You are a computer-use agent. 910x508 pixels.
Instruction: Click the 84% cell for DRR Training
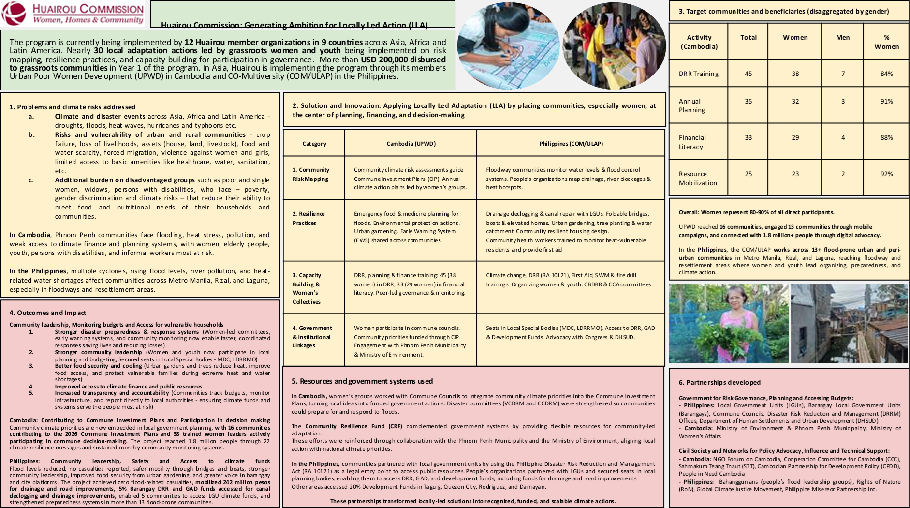(x=886, y=74)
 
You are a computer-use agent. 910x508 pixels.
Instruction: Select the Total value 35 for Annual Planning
(x=748, y=102)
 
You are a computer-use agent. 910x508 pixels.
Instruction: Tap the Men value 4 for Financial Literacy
(x=843, y=138)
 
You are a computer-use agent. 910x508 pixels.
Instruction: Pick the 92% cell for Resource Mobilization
(x=886, y=174)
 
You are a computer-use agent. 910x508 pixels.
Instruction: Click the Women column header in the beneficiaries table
(x=795, y=38)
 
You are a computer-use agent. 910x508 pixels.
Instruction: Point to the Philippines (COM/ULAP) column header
(x=571, y=144)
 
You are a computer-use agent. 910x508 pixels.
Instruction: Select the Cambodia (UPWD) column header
(x=411, y=144)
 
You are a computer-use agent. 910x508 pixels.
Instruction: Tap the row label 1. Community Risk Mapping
(x=310, y=174)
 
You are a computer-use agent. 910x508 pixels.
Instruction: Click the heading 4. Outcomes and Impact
(x=47, y=313)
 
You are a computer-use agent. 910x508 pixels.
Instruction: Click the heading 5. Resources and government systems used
(x=362, y=381)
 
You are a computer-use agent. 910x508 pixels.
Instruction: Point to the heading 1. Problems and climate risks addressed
(x=72, y=107)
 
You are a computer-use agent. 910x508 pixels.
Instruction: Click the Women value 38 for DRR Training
(x=795, y=74)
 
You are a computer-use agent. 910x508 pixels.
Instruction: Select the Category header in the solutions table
(x=314, y=144)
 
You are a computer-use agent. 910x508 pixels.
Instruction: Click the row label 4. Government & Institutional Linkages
(x=312, y=337)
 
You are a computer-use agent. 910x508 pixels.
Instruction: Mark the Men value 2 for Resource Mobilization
(x=843, y=174)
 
